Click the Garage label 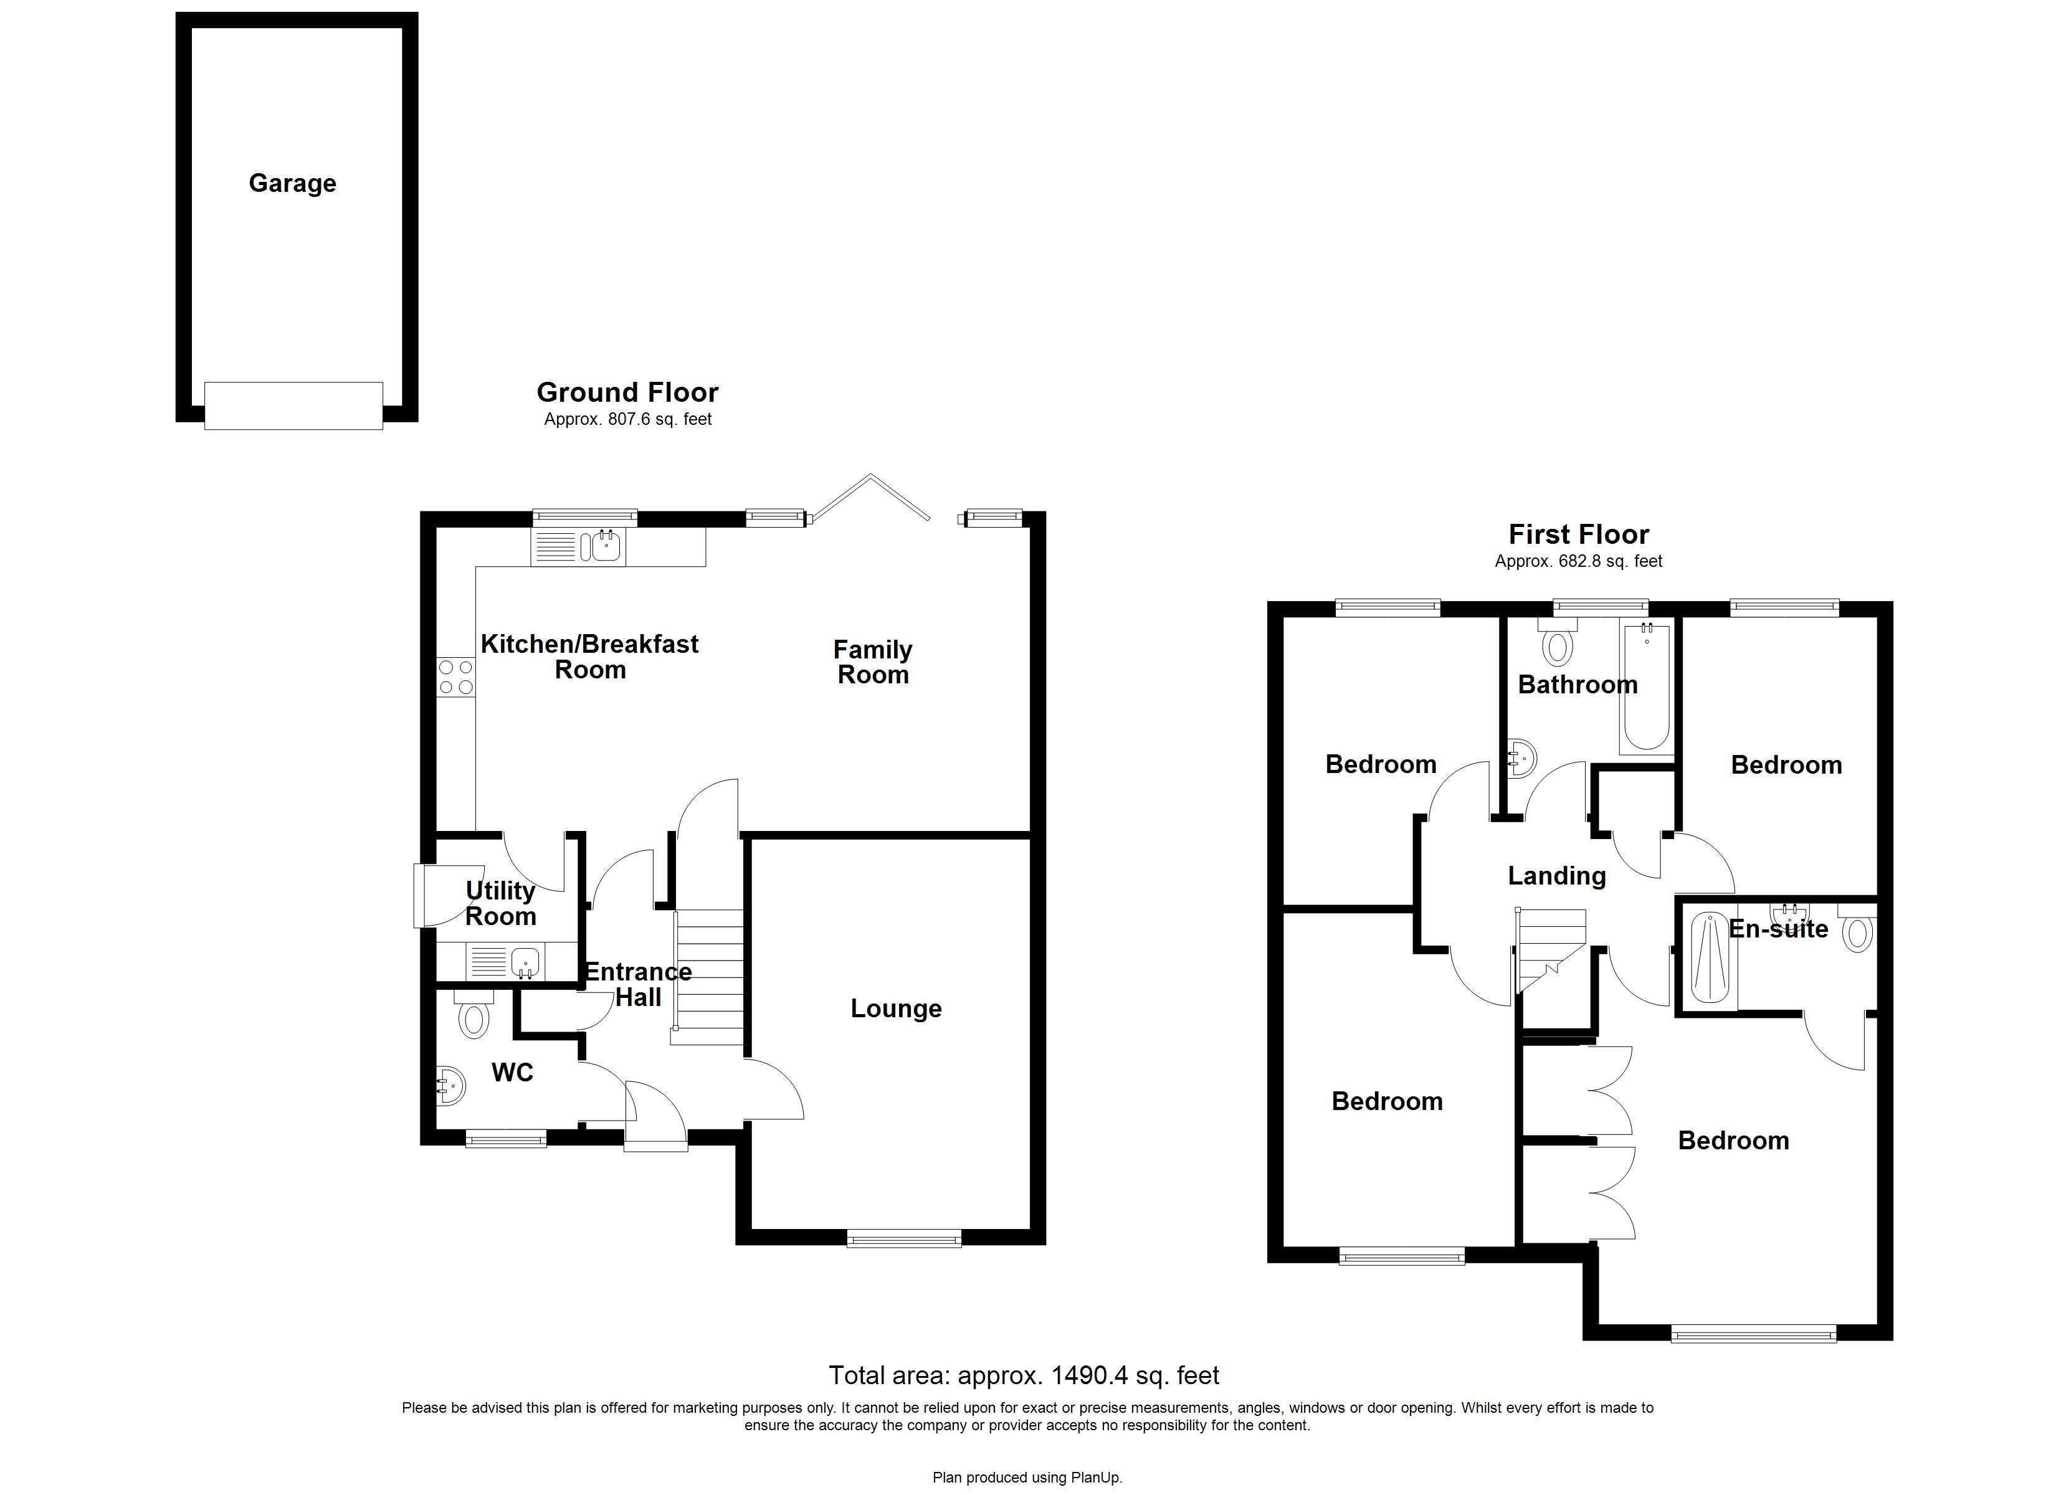(292, 183)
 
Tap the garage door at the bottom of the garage (293, 406)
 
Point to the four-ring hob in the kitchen (456, 677)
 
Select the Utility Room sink (524, 962)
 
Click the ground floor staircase (710, 976)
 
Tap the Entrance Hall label (637, 985)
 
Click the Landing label (1556, 876)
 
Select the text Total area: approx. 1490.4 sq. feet (1024, 1375)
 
